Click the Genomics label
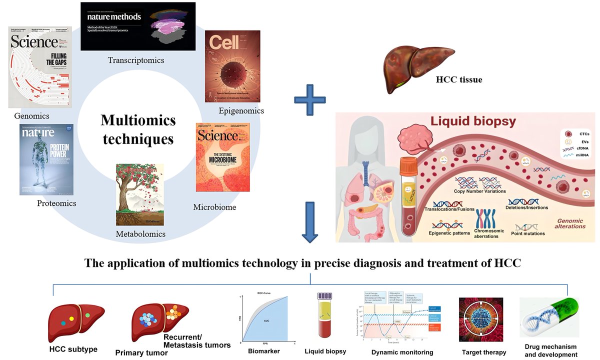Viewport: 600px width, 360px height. click(x=31, y=116)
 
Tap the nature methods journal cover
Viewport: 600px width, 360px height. click(x=138, y=26)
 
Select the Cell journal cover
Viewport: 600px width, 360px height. click(x=233, y=65)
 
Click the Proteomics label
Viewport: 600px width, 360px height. click(x=56, y=203)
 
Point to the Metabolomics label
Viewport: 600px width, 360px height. click(x=140, y=234)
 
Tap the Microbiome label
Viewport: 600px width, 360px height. click(x=214, y=207)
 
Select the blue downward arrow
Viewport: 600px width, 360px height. click(x=310, y=221)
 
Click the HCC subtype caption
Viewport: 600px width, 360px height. click(x=73, y=348)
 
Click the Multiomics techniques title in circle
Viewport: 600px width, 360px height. click(x=138, y=129)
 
